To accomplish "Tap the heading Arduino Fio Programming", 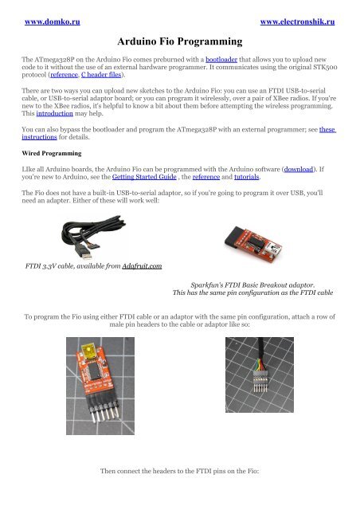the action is tap(179, 39).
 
